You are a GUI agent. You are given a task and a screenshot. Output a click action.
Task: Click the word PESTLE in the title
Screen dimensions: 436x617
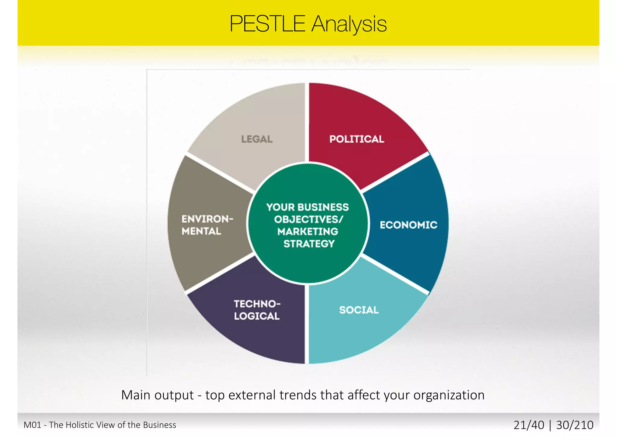(x=267, y=24)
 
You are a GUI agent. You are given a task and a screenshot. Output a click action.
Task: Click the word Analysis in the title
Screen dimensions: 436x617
(x=349, y=24)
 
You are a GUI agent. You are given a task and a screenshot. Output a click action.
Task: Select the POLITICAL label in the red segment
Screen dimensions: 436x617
(x=357, y=139)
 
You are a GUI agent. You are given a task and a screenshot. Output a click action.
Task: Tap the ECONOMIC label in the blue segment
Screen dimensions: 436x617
(x=408, y=225)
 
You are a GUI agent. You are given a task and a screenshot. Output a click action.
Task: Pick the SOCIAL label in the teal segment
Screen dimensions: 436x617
(x=359, y=310)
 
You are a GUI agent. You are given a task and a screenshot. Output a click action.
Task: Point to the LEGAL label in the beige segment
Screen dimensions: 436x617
(x=257, y=139)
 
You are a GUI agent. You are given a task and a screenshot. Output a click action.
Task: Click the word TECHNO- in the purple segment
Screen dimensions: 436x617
(x=257, y=304)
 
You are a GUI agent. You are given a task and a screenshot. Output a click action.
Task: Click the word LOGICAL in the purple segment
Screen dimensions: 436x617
(x=257, y=316)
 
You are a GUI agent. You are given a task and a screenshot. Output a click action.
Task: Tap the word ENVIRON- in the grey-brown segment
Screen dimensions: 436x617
(x=207, y=219)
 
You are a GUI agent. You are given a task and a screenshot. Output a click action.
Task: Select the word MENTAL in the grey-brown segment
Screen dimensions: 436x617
(x=201, y=231)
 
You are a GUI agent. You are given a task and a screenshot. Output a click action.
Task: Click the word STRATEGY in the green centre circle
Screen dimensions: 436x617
(x=309, y=244)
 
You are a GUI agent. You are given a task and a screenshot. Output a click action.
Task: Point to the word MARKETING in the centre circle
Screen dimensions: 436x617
(x=308, y=232)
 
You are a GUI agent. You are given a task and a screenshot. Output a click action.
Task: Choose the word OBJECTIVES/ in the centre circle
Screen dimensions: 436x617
(x=308, y=219)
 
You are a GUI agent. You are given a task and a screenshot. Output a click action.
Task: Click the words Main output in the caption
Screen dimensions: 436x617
(x=157, y=395)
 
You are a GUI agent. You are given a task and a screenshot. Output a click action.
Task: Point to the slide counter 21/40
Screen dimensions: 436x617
(x=529, y=425)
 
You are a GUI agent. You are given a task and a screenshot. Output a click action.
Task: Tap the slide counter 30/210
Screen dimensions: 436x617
(x=575, y=425)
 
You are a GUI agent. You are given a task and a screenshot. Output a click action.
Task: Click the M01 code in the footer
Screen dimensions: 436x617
(x=32, y=425)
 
